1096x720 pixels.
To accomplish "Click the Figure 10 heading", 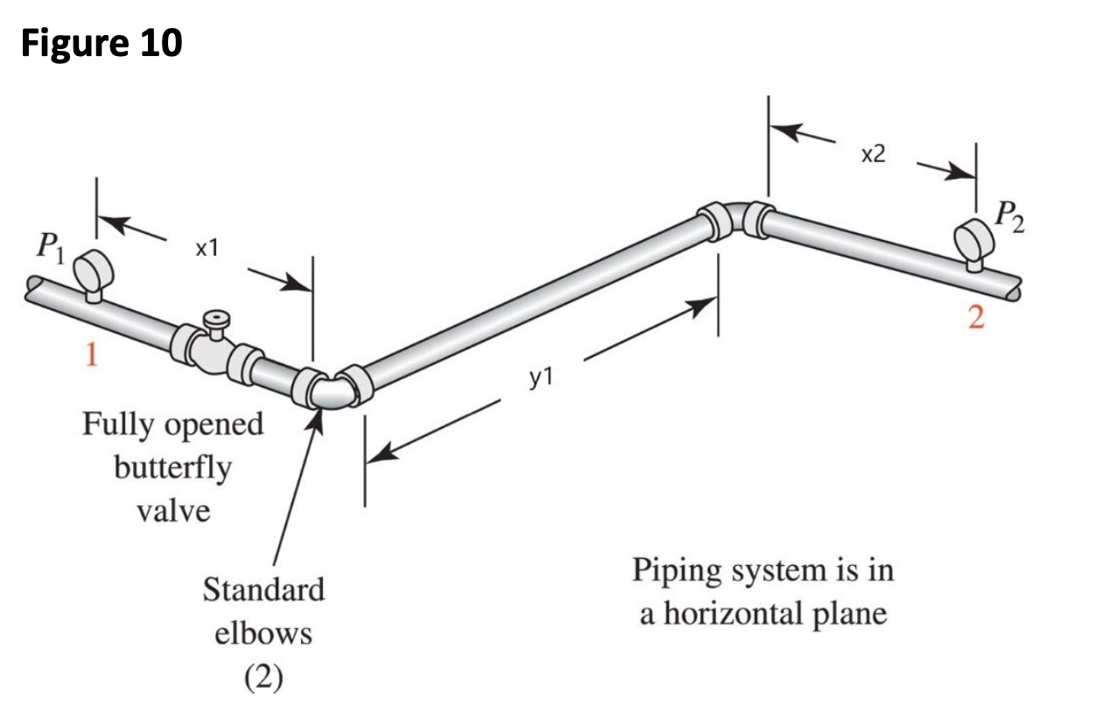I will pos(101,42).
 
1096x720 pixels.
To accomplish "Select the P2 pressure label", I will pos(1008,216).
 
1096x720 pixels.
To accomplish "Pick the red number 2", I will pos(976,317).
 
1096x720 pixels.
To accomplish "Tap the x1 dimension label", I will pos(205,249).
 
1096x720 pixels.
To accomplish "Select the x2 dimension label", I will pos(873,155).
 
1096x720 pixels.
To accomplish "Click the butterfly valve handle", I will pos(213,317).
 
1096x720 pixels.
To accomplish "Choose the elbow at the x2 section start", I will pos(735,216).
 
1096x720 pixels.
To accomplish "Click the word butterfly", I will pos(172,467).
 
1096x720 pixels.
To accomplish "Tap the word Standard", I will pos(263,589).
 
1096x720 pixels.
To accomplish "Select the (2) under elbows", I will pos(263,677).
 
